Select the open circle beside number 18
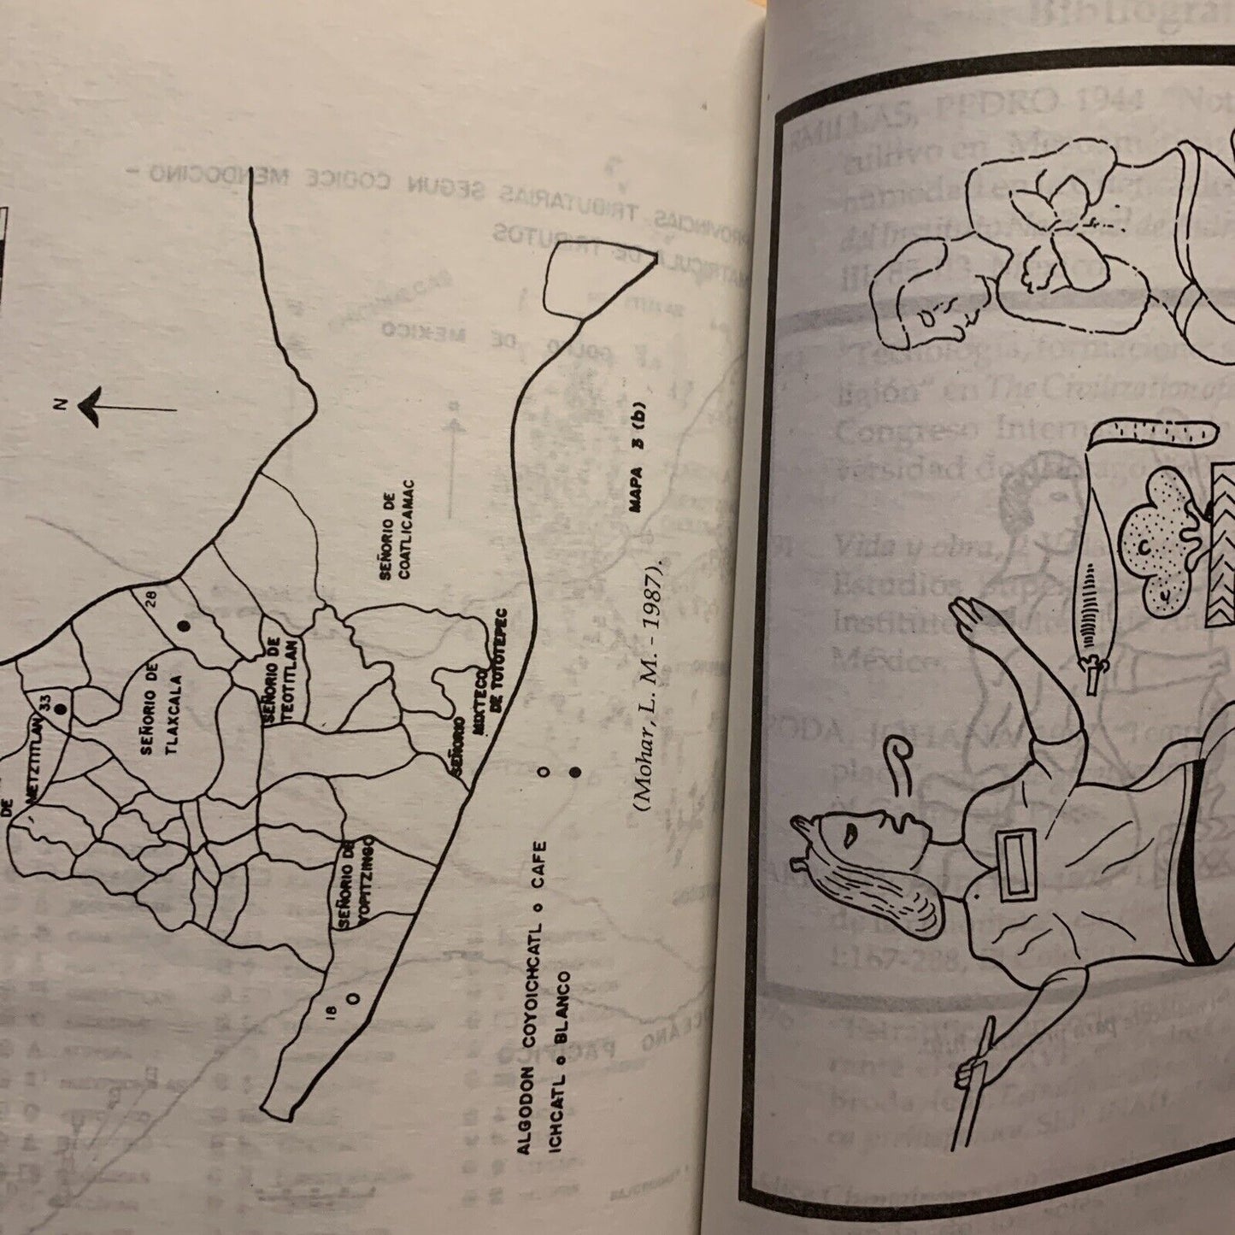coord(351,997)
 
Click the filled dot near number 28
coord(183,626)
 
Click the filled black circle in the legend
coord(575,772)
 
